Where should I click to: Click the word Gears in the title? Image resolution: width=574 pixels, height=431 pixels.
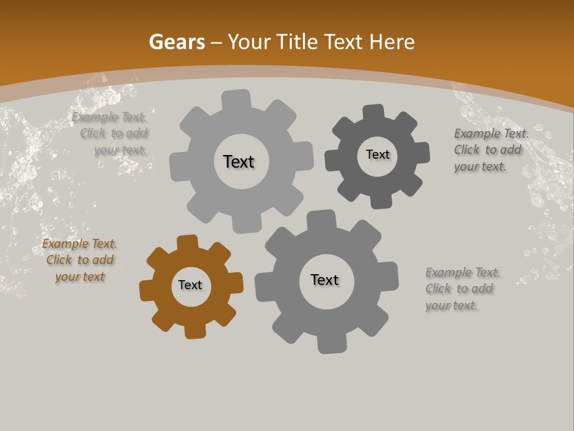[176, 42]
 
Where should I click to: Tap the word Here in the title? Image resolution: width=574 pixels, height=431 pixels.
[392, 42]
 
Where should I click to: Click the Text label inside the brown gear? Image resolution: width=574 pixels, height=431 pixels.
[190, 286]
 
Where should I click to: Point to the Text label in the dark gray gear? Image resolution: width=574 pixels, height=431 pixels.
[378, 155]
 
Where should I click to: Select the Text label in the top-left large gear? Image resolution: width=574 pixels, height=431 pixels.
[239, 162]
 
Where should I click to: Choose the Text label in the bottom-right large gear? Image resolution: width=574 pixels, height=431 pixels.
[325, 280]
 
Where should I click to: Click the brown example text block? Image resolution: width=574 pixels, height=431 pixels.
[80, 260]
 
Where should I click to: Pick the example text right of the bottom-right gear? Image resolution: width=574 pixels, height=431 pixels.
[462, 289]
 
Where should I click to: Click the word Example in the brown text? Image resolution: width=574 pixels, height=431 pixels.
[65, 244]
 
